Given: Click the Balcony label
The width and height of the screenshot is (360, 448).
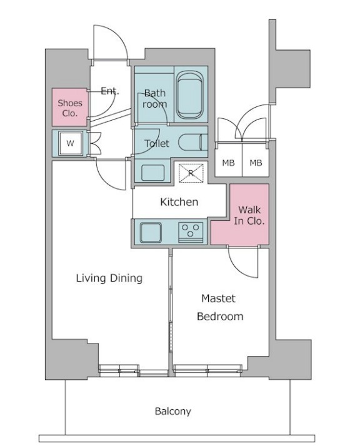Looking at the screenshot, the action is coord(172,412).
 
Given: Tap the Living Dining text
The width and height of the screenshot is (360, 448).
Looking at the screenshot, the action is coord(109,278).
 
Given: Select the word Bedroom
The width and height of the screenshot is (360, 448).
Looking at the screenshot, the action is coord(220,316).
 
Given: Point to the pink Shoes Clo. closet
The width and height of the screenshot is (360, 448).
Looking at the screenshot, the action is coord(69,107).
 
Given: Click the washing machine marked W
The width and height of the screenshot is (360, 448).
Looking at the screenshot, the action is coord(70,143).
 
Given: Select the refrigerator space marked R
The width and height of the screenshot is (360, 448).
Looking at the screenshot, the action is coord(191,173).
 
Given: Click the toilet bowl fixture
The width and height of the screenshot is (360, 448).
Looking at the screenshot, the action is coord(193,142).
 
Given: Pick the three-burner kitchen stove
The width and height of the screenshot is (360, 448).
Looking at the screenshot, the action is coord(191,233).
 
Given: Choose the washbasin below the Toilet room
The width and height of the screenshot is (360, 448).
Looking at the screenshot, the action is coord(153,173).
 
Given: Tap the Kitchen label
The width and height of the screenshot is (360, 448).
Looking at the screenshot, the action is coord(179,202).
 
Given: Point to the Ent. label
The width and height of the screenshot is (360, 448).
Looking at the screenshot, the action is coord(110,91).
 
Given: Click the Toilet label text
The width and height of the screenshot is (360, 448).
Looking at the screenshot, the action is coord(157,143).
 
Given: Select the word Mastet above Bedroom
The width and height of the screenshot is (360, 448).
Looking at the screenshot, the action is coord(218,298).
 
